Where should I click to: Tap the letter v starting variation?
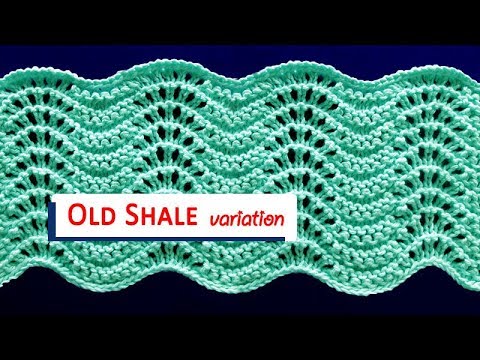[214, 219]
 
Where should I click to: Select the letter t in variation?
[257, 217]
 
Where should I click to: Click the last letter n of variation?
[286, 218]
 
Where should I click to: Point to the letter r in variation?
[233, 219]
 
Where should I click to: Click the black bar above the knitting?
[240, 20]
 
